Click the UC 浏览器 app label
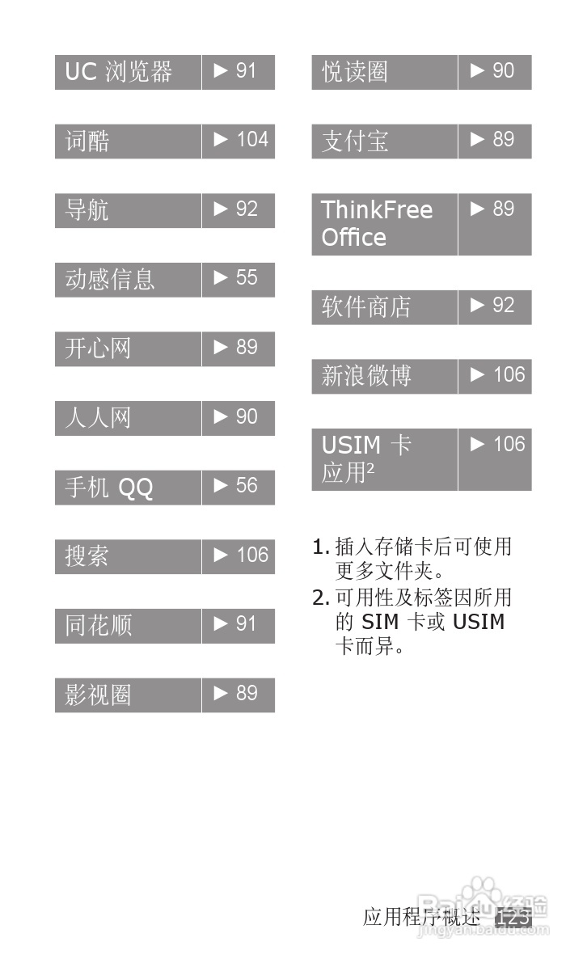click(119, 72)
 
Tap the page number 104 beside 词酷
click(251, 140)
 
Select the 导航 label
click(87, 210)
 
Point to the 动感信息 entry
click(109, 280)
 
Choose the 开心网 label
click(97, 348)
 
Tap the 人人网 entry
click(97, 418)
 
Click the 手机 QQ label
click(108, 488)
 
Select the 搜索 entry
click(87, 556)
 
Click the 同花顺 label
click(98, 626)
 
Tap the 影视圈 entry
click(98, 695)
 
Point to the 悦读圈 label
click(354, 72)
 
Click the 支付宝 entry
click(354, 141)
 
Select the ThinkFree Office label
click(377, 224)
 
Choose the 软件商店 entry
click(365, 307)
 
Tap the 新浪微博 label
click(365, 376)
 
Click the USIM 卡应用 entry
click(366, 458)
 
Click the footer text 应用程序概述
click(421, 917)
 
